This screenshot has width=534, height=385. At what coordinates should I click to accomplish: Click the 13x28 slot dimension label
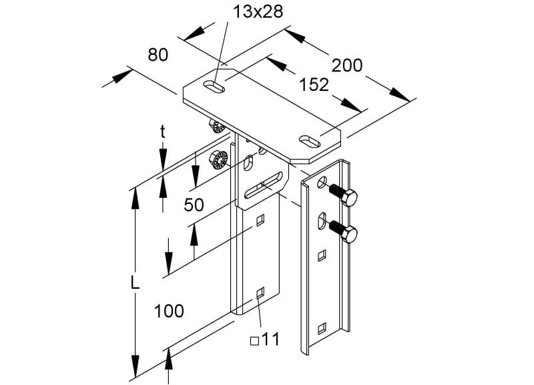click(x=258, y=12)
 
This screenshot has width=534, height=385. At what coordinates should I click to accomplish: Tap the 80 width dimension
click(x=158, y=55)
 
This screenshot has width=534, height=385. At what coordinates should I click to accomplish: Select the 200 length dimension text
click(x=347, y=66)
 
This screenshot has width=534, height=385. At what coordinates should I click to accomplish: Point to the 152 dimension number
click(x=314, y=85)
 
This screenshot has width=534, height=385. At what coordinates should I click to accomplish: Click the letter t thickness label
click(x=163, y=132)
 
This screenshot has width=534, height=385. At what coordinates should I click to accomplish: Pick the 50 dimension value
click(x=194, y=205)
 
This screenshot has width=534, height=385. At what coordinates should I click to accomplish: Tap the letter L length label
click(x=135, y=283)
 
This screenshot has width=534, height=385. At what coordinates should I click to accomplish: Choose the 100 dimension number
click(x=170, y=311)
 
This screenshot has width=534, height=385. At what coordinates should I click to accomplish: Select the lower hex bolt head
click(x=348, y=234)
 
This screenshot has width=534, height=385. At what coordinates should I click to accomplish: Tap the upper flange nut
click(x=216, y=126)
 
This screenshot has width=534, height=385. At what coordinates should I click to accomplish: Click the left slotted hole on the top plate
click(x=214, y=87)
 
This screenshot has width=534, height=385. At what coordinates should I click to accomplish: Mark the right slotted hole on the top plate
click(x=310, y=141)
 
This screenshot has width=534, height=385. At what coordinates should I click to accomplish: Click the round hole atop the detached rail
click(x=322, y=182)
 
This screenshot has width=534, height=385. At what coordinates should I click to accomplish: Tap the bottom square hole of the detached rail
click(x=322, y=328)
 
